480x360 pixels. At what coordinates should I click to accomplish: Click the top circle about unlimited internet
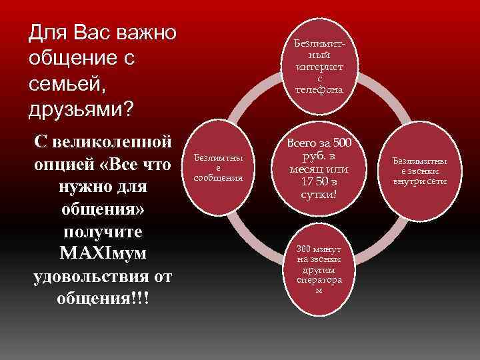tap(319, 65)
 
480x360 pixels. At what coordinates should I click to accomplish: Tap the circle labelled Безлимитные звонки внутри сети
tap(420, 171)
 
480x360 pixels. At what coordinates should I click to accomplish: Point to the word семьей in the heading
tap(64, 84)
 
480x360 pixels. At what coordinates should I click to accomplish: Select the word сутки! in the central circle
tap(319, 194)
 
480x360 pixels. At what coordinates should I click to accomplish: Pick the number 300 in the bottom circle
tap(303, 249)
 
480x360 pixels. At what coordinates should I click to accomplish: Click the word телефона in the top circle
tap(319, 89)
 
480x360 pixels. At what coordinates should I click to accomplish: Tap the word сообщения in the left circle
tap(217, 178)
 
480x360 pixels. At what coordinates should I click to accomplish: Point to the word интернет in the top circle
tap(319, 67)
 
